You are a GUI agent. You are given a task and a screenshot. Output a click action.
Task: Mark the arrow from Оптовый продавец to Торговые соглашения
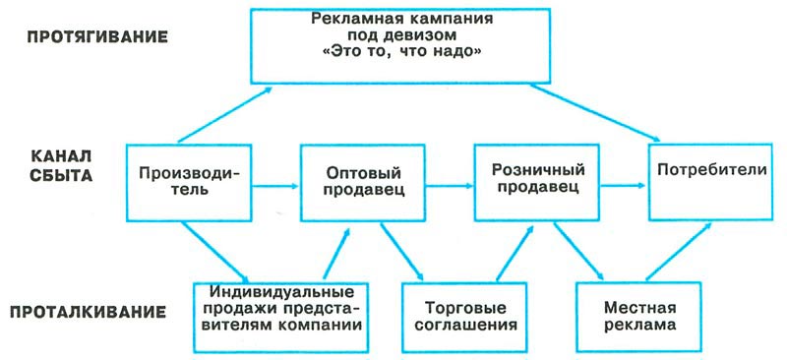point(403,250)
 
